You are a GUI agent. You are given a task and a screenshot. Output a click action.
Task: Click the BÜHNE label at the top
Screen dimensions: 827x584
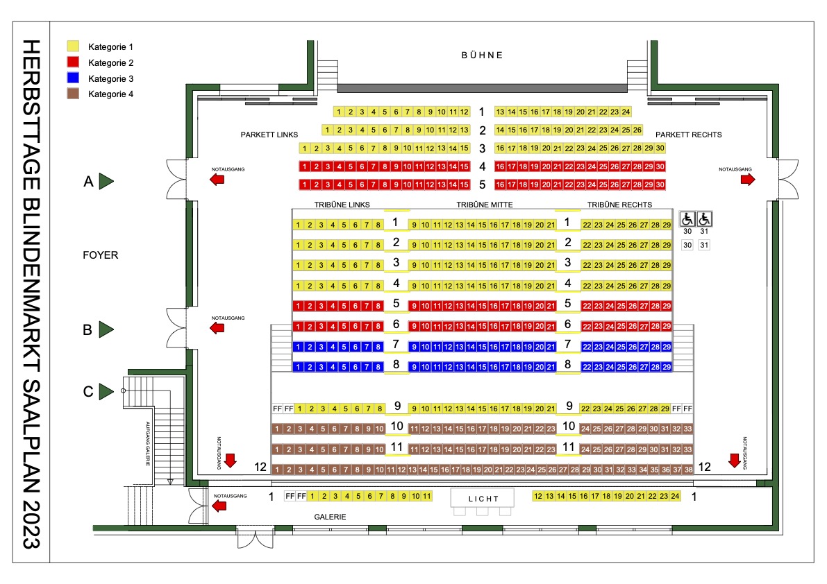coord(482,55)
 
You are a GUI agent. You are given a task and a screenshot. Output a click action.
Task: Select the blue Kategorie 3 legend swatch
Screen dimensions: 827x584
coord(74,78)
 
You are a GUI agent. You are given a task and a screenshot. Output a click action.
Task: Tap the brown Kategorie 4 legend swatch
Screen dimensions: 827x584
coord(74,94)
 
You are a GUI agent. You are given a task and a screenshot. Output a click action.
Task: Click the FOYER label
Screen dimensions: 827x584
coord(100,255)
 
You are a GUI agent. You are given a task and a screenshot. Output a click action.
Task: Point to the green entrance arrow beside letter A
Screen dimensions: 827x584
coord(106,181)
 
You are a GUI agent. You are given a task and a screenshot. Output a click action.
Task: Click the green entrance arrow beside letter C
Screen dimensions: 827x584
coord(106,391)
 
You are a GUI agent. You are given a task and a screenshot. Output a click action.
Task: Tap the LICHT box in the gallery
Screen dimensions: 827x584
coord(483,498)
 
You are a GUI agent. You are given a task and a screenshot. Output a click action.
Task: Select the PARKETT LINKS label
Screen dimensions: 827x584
coord(269,135)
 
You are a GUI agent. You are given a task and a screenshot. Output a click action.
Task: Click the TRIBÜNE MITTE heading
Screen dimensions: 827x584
coord(484,205)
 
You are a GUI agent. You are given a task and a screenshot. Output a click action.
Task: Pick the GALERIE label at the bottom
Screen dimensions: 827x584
coord(330,517)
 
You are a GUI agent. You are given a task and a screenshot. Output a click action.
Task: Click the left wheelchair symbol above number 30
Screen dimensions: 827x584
coord(687,218)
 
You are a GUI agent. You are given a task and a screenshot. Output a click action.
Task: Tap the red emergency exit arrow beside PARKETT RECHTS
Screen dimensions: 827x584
coord(748,180)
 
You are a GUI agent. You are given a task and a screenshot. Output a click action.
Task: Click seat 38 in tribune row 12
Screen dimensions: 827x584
coord(688,470)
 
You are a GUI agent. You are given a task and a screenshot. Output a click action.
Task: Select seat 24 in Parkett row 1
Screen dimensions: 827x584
coord(626,112)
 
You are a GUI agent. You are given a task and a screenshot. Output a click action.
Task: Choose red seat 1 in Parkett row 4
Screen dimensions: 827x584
coord(304,166)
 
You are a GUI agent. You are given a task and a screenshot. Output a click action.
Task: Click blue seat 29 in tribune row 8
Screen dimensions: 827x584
coord(667,367)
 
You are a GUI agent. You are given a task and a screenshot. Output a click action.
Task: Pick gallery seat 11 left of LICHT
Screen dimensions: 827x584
coord(426,496)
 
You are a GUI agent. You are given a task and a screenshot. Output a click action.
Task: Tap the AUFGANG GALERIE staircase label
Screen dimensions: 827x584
coord(148,443)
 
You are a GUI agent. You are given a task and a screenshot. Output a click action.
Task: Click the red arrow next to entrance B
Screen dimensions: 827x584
coord(217,328)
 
